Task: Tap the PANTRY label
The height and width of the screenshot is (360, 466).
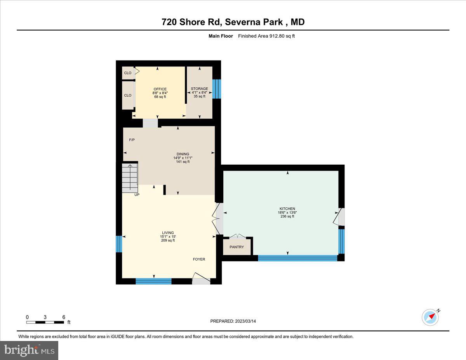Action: (236, 247)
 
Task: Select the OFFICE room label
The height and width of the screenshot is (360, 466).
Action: (160, 89)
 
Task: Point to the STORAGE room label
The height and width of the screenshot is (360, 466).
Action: (199, 89)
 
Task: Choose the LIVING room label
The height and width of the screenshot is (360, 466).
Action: (168, 233)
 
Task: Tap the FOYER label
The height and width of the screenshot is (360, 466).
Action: (199, 259)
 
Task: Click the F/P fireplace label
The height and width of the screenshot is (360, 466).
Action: (132, 140)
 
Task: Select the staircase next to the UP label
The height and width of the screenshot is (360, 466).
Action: (130, 177)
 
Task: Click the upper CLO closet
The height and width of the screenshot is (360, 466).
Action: (127, 73)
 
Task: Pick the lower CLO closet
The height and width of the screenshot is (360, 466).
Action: (127, 96)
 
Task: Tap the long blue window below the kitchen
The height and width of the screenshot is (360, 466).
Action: (297, 258)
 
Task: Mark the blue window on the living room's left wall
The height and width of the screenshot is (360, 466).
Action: (119, 244)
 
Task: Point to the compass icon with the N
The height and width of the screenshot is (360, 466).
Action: (430, 317)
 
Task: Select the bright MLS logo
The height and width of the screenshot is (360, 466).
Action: (30, 350)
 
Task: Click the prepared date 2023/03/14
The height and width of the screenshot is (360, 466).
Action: (233, 321)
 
